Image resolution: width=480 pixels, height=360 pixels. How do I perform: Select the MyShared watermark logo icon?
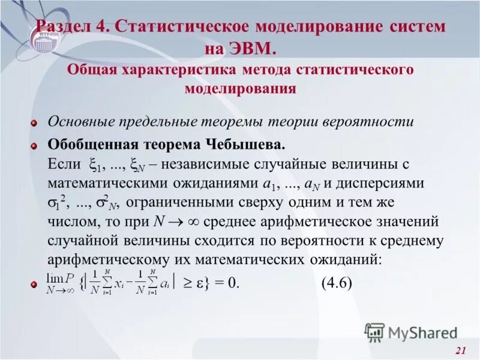375,332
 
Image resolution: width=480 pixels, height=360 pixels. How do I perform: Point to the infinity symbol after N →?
193,221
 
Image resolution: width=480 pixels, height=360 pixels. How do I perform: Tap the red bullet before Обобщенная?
34,146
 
